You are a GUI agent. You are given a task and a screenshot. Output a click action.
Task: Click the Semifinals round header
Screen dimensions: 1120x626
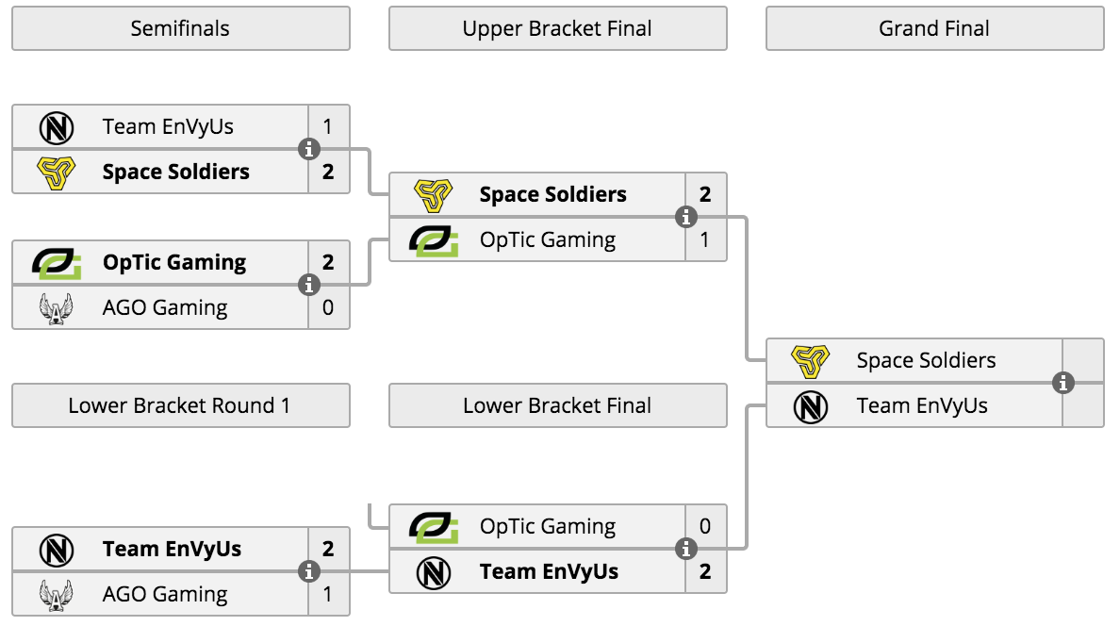(x=181, y=28)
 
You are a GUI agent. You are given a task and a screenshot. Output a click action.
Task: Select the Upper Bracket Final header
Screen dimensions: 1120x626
(x=558, y=28)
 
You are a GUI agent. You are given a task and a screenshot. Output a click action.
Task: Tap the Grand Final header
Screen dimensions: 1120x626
(x=935, y=28)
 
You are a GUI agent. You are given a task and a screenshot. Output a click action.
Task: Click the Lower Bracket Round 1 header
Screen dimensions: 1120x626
(x=181, y=405)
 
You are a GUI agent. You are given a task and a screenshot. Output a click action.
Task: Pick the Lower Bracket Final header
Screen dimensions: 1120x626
(x=558, y=405)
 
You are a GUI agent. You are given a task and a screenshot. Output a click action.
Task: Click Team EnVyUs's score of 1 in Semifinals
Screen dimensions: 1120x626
(x=328, y=126)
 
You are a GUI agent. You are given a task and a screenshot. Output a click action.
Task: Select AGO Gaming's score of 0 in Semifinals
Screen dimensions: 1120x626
(x=328, y=307)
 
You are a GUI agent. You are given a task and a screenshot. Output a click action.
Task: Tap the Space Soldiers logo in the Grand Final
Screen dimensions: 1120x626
(x=811, y=361)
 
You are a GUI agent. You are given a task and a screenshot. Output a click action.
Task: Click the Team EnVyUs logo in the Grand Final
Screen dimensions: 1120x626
(x=811, y=406)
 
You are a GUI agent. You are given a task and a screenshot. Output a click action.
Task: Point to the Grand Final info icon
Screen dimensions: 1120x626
(x=1063, y=383)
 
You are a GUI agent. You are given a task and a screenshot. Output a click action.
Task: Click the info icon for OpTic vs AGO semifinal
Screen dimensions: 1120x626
(x=308, y=285)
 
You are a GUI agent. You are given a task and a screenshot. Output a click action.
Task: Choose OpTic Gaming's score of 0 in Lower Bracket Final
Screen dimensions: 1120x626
(x=705, y=527)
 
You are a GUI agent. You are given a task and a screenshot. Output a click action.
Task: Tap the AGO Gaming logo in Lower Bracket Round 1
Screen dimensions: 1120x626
(x=57, y=595)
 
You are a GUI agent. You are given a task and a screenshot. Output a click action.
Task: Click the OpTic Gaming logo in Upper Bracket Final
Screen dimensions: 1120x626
(x=434, y=240)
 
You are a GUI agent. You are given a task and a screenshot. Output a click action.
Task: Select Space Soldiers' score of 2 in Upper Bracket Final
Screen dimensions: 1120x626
(x=705, y=194)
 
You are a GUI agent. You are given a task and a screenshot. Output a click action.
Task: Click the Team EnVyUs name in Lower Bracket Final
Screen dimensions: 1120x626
(x=549, y=571)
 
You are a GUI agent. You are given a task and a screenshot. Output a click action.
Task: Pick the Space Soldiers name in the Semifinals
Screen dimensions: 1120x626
(x=175, y=172)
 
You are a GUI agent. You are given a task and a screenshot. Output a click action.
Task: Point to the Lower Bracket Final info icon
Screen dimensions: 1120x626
(x=685, y=549)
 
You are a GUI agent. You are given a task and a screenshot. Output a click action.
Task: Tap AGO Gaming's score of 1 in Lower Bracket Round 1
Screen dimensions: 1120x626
(x=328, y=594)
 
